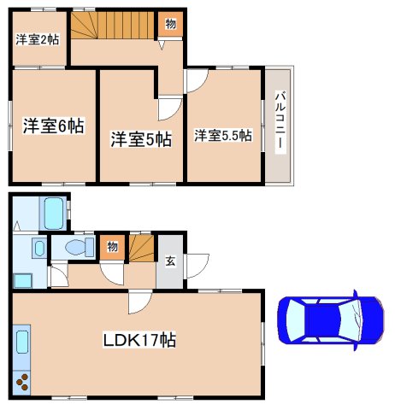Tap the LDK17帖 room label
pos(139,340)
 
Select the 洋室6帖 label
pos(52,126)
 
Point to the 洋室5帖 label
pos(140,139)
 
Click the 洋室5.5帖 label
pos(222,135)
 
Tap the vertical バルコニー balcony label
pos(278,125)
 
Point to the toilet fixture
pos(77,248)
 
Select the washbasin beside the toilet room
pos(38,249)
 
